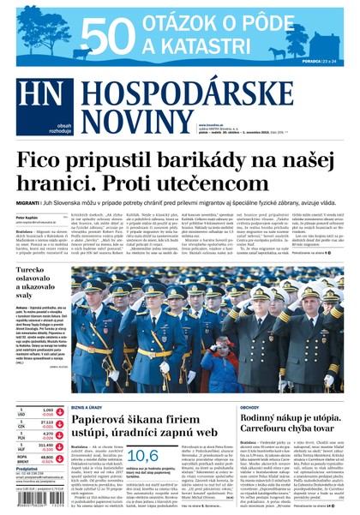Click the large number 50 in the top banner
point(108,36)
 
